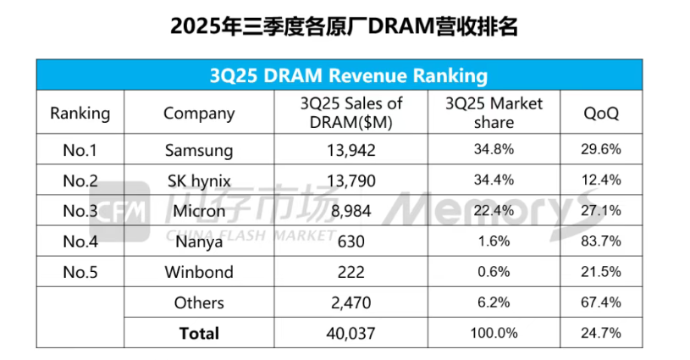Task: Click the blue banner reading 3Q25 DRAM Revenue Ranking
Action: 348,75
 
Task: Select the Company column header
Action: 199,113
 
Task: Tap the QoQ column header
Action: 601,113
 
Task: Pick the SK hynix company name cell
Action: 199,180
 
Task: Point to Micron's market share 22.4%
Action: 494,211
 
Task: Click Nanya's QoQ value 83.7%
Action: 601,241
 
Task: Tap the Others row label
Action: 199,302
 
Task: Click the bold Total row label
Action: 199,333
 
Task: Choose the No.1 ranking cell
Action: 80,151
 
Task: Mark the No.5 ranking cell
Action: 80,272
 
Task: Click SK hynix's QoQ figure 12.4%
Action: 601,180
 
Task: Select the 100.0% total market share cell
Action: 494,333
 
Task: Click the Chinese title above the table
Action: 345,25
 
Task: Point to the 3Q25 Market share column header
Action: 494,113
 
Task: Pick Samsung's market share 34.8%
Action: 494,151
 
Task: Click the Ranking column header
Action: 80,113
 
